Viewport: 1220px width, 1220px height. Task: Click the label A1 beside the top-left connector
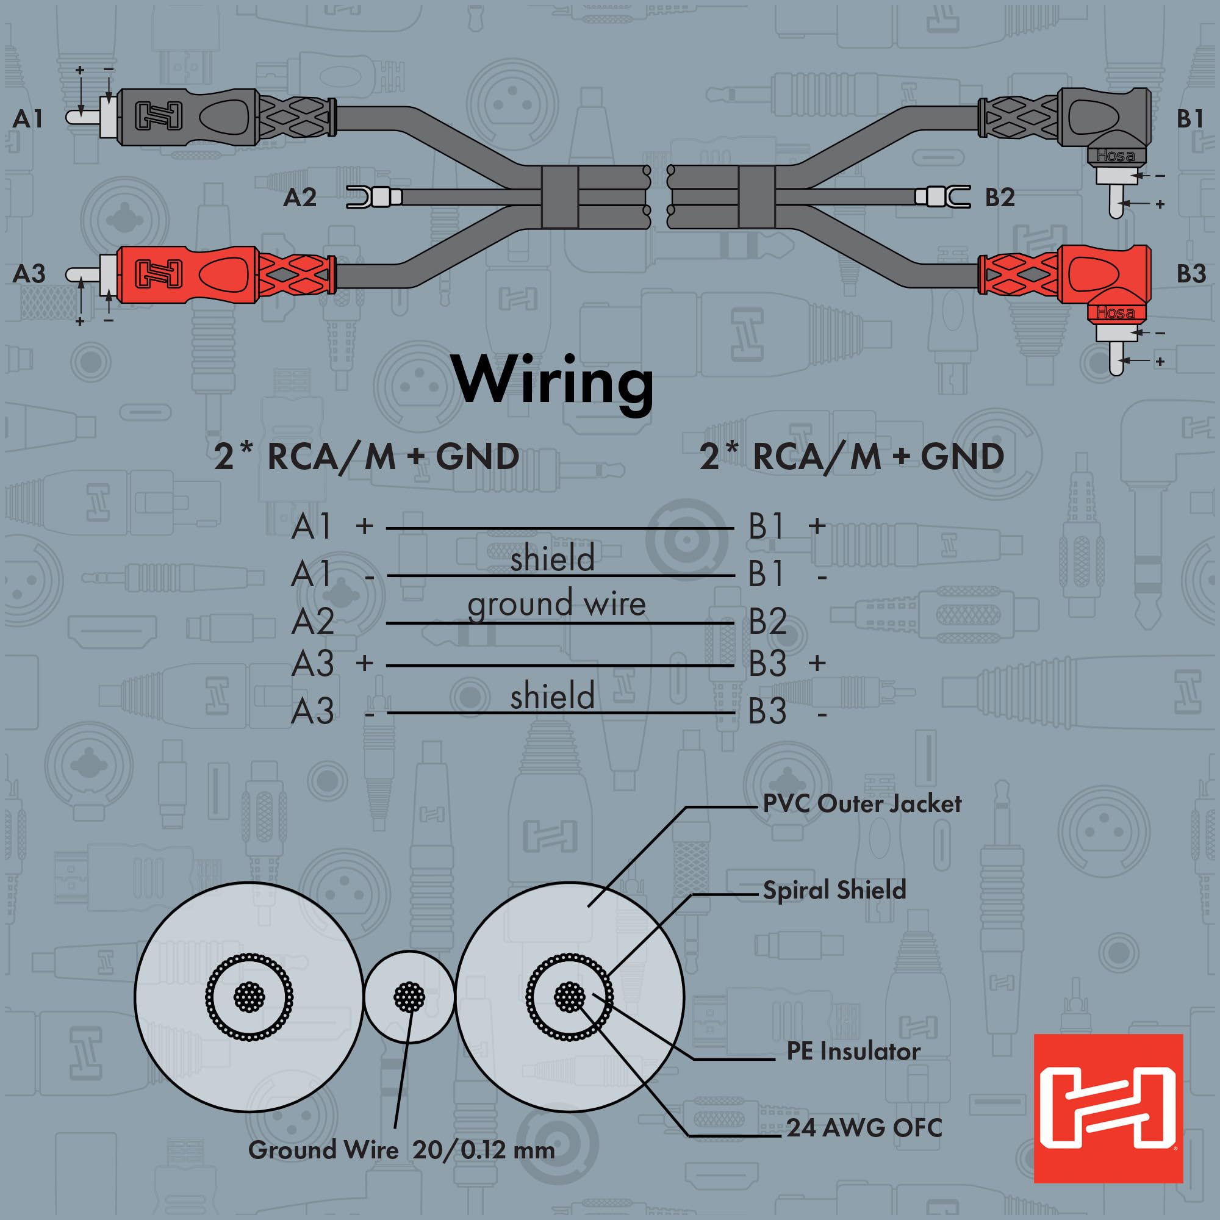[x=28, y=118]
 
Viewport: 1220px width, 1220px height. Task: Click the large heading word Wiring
[x=554, y=381]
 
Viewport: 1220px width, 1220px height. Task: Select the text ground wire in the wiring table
[x=556, y=604]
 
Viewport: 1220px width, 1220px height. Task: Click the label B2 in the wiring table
[x=767, y=622]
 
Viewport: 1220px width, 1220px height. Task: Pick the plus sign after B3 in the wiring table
[x=817, y=662]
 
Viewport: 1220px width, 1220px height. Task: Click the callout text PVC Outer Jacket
[x=862, y=804]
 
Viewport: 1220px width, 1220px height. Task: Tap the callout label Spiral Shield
[x=834, y=891]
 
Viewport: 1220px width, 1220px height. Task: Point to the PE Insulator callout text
[x=853, y=1052]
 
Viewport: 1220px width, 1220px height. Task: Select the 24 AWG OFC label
[x=864, y=1128]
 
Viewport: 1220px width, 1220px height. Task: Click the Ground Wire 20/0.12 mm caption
[x=401, y=1150]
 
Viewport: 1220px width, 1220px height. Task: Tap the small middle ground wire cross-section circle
[x=409, y=998]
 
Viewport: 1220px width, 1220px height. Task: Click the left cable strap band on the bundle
[x=560, y=198]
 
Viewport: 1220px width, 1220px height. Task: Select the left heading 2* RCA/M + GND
[x=366, y=456]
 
